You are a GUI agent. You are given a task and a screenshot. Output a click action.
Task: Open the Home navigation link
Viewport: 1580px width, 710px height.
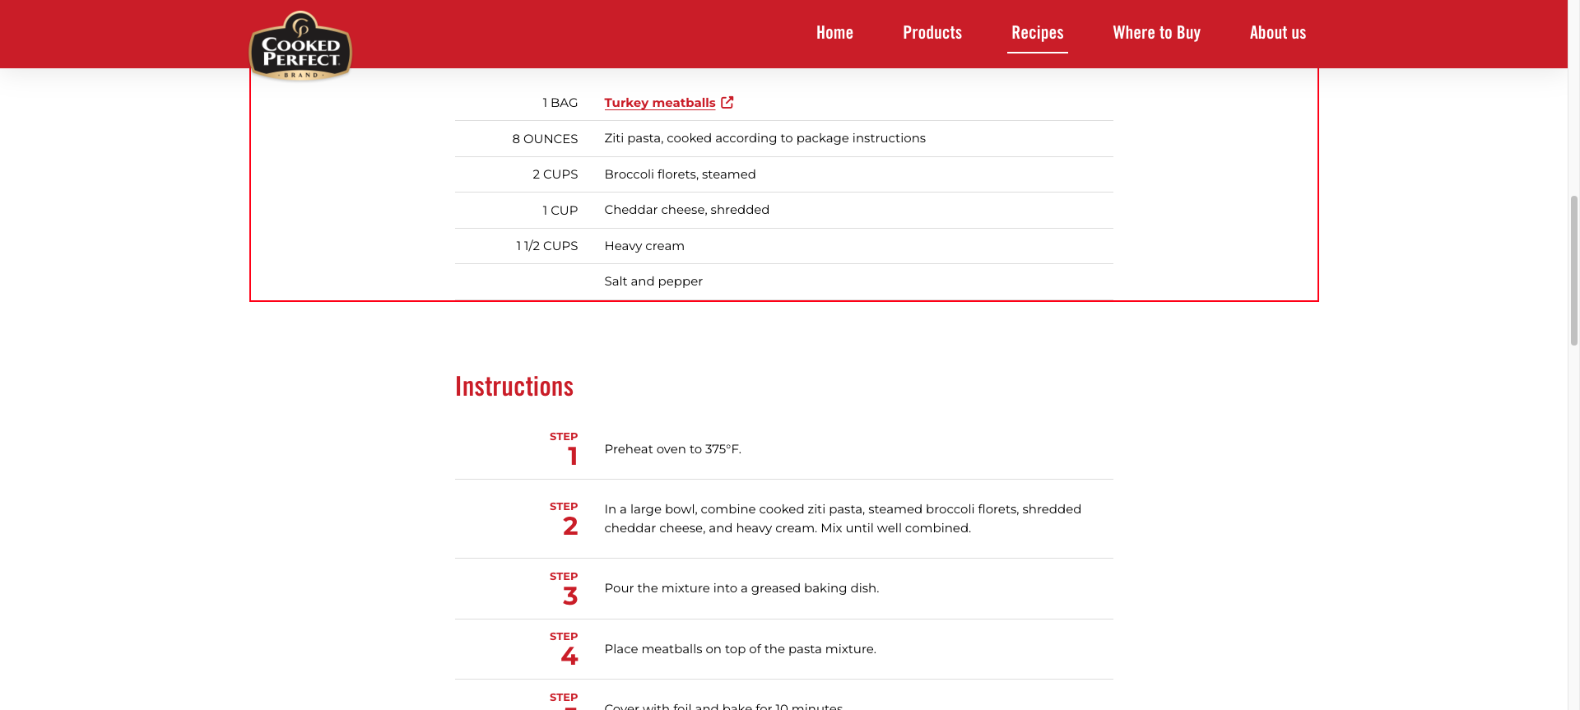834,33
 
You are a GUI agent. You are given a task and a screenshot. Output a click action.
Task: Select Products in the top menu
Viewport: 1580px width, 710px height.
932,33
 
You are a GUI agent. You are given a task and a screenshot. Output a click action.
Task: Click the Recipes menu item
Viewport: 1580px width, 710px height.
1037,33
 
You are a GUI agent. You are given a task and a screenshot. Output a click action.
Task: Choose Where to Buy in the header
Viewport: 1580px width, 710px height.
1156,33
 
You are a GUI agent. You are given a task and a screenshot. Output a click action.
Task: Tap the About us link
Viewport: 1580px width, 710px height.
1277,33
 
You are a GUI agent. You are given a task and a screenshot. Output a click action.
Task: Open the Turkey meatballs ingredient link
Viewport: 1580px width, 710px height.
659,103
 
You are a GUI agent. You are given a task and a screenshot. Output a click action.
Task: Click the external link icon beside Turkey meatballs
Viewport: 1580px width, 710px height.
727,103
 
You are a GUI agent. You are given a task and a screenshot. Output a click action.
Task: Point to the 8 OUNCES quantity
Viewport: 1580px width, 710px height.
545,139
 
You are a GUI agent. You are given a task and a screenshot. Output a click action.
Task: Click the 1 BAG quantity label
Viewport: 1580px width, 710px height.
560,103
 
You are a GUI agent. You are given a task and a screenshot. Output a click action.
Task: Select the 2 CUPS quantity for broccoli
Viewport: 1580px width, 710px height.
555,174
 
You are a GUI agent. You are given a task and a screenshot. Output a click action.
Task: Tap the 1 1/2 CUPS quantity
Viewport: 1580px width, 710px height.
546,246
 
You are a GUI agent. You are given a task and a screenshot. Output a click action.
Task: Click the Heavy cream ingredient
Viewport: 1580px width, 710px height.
644,246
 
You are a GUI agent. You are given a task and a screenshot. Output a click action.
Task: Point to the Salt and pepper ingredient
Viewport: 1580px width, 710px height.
653,281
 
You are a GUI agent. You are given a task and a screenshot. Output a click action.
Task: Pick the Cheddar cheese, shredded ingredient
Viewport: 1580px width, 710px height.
686,210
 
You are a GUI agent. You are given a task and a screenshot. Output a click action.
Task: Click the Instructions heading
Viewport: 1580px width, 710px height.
514,387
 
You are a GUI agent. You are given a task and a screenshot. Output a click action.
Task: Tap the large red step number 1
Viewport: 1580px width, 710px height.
573,457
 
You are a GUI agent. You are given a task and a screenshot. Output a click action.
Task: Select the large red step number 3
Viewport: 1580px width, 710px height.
570,596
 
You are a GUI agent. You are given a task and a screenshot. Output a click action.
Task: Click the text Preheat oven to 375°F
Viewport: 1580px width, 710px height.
672,449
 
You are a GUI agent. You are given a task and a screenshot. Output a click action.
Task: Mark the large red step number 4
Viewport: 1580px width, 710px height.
569,657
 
